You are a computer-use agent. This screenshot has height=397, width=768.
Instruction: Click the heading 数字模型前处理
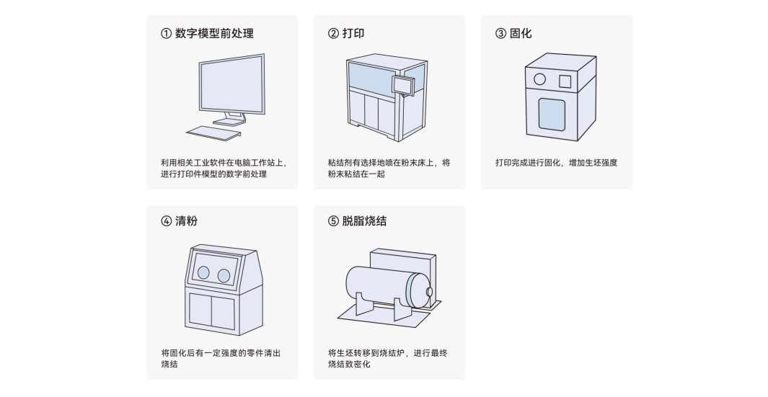pyautogui.click(x=214, y=33)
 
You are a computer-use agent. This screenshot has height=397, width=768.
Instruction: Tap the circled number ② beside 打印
pyautogui.click(x=333, y=33)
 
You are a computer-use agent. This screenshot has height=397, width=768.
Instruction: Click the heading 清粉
pyautogui.click(x=186, y=220)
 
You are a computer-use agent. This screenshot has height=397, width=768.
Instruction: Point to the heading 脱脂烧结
pyautogui.click(x=364, y=220)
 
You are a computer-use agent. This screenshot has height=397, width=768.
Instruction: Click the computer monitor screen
pyautogui.click(x=231, y=86)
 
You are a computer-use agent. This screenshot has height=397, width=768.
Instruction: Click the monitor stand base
pyautogui.click(x=229, y=122)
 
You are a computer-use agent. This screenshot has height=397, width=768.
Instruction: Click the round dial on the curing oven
pyautogui.click(x=539, y=79)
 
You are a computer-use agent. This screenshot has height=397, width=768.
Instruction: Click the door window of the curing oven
pyautogui.click(x=552, y=115)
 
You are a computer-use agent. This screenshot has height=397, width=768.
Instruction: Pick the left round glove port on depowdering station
pyautogui.click(x=203, y=272)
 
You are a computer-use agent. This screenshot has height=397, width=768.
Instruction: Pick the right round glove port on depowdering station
pyautogui.click(x=224, y=276)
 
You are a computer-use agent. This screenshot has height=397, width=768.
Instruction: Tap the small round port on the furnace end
pyautogui.click(x=430, y=293)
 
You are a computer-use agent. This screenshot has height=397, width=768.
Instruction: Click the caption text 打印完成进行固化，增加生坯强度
pyautogui.click(x=556, y=163)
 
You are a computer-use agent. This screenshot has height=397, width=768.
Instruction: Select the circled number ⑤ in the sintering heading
pyautogui.click(x=333, y=220)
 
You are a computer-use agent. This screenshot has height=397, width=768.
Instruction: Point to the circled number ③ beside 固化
pyautogui.click(x=500, y=33)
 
